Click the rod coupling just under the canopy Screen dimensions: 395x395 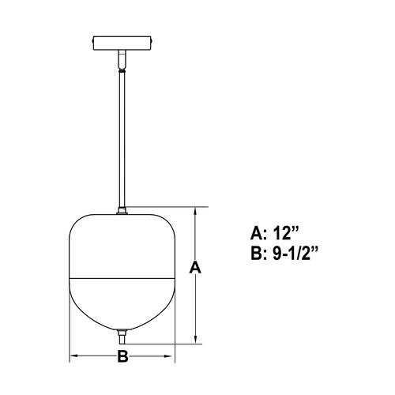pyautogui.click(x=122, y=59)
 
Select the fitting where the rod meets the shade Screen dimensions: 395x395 pyautogui.click(x=122, y=211)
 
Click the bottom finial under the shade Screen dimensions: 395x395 pyautogui.click(x=122, y=336)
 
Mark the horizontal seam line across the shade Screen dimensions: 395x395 pyautogui.click(x=122, y=277)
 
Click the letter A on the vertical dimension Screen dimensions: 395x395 pyautogui.click(x=196, y=269)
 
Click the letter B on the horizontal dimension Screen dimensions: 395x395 pyautogui.click(x=122, y=356)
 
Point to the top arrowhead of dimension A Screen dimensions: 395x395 pyautogui.click(x=196, y=212)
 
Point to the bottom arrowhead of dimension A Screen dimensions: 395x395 pyautogui.click(x=196, y=339)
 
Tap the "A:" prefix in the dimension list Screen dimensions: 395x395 pyautogui.click(x=257, y=233)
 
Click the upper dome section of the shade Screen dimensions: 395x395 pyautogui.click(x=122, y=245)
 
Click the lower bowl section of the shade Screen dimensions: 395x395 pyautogui.click(x=122, y=304)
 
